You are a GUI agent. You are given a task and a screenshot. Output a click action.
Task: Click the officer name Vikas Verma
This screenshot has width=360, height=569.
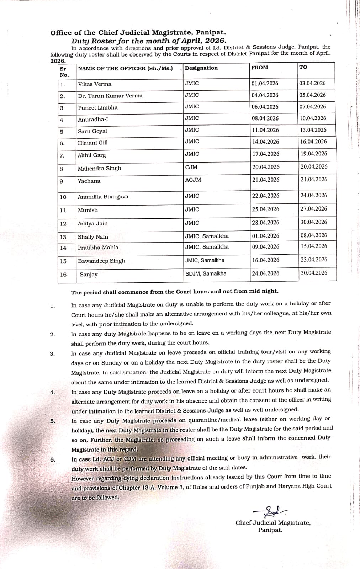tap(95, 84)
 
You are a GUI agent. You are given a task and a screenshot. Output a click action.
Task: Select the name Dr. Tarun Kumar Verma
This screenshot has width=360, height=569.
tap(110, 96)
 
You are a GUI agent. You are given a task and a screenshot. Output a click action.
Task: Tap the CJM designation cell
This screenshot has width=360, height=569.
tap(191, 167)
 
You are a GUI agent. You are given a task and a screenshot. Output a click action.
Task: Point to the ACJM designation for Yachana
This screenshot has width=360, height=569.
tap(193, 180)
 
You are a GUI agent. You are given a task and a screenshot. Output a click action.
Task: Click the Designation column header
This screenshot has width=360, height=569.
tap(201, 68)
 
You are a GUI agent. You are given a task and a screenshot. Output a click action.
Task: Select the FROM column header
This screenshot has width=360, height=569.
tap(260, 68)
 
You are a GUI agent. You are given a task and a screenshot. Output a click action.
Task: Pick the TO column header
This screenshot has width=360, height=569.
tap(303, 67)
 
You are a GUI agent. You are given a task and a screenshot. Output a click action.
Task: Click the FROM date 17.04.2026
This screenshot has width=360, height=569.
tap(266, 154)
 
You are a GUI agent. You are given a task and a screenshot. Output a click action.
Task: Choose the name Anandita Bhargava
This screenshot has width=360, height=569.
tap(103, 197)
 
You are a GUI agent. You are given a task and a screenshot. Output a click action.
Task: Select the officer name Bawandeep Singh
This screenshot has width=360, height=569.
tap(102, 261)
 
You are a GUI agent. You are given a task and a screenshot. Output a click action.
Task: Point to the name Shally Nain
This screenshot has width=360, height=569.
tap(93, 237)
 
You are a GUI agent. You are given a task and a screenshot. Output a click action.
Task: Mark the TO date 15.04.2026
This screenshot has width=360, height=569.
tap(314, 246)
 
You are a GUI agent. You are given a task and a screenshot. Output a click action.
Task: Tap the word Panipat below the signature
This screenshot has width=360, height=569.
tap(270, 530)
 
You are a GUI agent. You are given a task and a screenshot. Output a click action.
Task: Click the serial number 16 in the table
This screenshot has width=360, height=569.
tap(63, 275)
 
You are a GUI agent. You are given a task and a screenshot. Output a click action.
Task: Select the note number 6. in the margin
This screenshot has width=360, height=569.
tap(53, 459)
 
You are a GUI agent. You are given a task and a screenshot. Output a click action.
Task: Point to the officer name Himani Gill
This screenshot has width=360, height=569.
tap(93, 143)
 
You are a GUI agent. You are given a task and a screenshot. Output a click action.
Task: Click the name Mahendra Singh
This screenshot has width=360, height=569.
tap(100, 169)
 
